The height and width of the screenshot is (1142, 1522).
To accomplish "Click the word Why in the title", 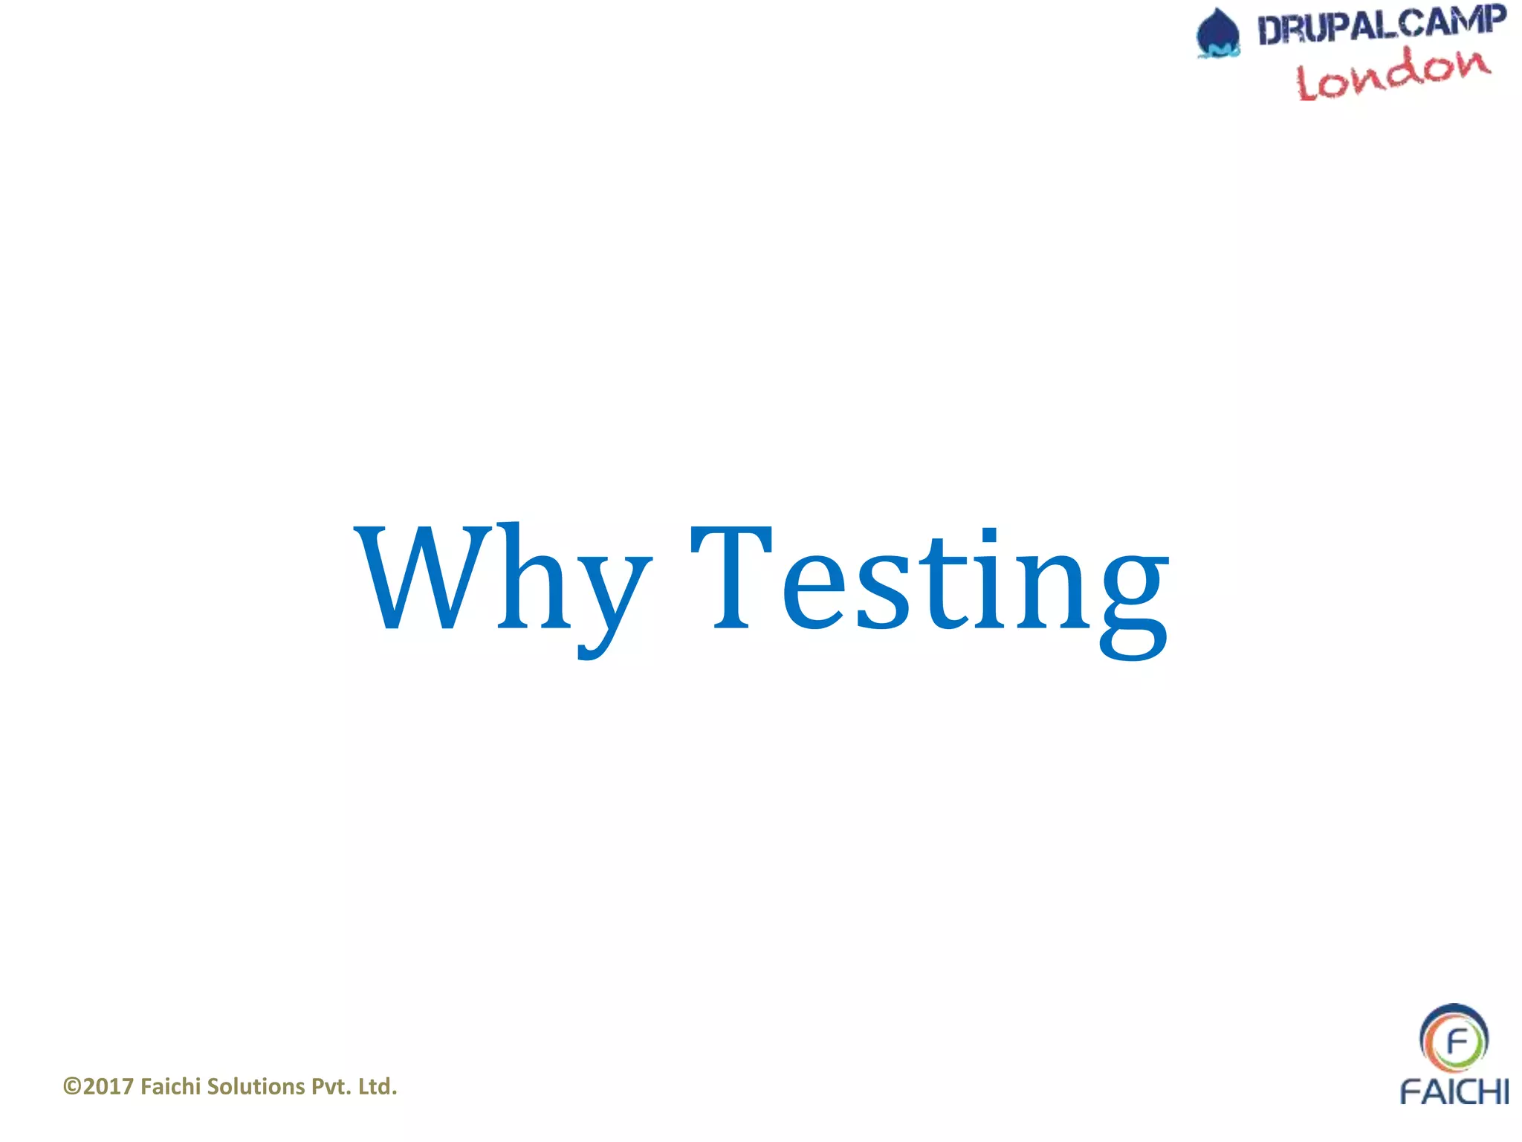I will coord(502,580).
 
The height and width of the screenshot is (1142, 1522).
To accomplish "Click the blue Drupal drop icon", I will coord(1218,33).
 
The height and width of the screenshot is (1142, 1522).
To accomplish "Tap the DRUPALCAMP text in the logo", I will coord(1382,26).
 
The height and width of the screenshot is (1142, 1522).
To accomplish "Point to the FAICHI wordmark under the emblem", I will coord(1454,1091).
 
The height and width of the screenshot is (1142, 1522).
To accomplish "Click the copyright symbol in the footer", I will coord(72,1087).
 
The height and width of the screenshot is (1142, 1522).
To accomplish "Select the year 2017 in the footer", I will coord(109,1087).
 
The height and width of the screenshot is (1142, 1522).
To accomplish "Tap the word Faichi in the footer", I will coord(170,1087).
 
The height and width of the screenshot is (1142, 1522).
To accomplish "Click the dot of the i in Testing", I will coord(989,533).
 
